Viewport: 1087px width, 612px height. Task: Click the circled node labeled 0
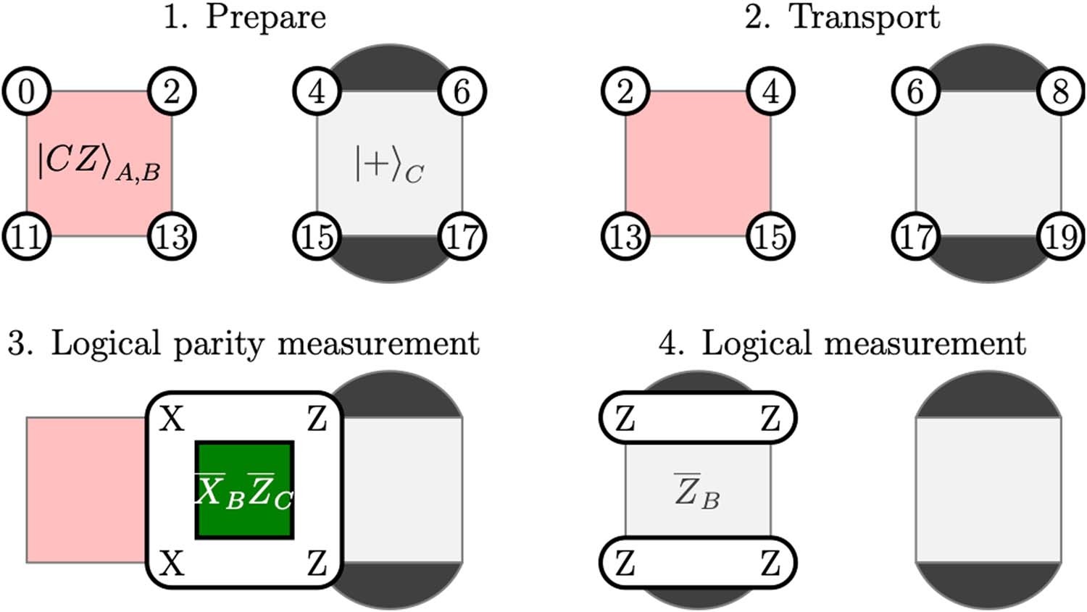click(27, 92)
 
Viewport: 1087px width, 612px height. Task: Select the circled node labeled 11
click(27, 237)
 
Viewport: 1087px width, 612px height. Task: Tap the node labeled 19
click(1062, 237)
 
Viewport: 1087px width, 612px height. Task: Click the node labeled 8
click(1062, 92)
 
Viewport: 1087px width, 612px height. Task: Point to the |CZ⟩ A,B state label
click(99, 163)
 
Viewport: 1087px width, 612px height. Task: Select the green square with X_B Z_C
click(244, 490)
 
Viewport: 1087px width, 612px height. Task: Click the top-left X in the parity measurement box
click(172, 419)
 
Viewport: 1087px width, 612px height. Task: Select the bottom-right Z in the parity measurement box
click(317, 563)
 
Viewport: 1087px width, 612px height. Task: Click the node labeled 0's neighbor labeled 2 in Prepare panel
click(172, 92)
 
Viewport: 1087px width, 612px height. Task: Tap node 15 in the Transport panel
click(771, 237)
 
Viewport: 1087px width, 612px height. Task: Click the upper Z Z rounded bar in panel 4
click(697, 418)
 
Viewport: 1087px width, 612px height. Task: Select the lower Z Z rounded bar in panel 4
click(697, 563)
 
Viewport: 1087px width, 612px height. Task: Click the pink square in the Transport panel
click(698, 164)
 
